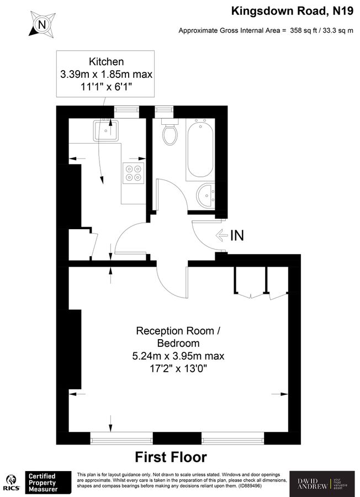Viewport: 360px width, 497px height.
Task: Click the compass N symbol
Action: tap(41, 24)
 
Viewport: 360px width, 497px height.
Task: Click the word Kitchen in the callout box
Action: tap(107, 61)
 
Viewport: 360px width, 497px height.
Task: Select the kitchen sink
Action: tap(107, 130)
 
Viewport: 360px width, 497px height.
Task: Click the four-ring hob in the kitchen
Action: tap(134, 173)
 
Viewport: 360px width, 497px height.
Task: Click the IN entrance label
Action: tap(237, 235)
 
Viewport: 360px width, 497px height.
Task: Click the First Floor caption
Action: tap(171, 457)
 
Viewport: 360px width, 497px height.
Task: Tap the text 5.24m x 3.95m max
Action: tap(178, 356)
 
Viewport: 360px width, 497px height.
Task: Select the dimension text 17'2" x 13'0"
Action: tap(178, 368)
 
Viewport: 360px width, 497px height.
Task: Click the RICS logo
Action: tap(10, 482)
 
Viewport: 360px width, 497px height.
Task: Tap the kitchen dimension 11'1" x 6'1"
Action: tap(107, 86)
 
